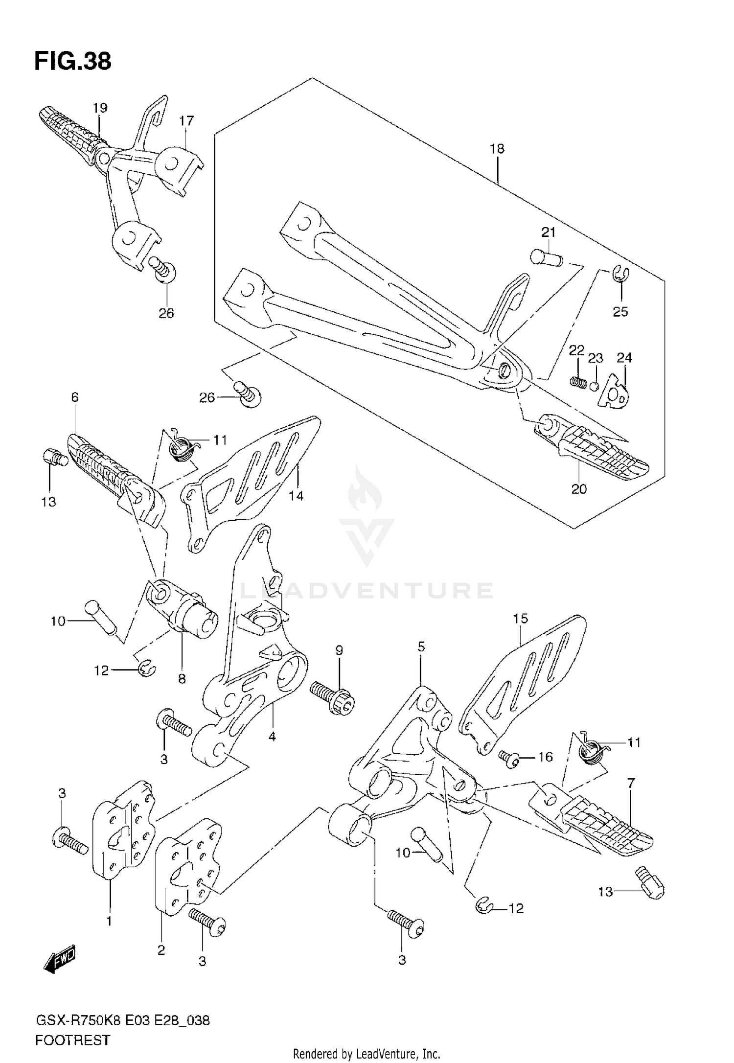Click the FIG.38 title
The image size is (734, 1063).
73,61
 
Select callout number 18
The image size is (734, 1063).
497,149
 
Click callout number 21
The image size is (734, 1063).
548,232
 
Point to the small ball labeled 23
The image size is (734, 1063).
594,386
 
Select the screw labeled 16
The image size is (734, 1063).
507,757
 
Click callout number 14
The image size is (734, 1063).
296,496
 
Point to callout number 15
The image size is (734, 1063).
521,618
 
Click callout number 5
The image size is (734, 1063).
421,647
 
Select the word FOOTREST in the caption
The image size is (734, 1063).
72,1040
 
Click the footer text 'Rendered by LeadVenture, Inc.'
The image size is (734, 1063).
367,1053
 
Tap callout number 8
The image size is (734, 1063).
182,679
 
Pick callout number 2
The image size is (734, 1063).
161,950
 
